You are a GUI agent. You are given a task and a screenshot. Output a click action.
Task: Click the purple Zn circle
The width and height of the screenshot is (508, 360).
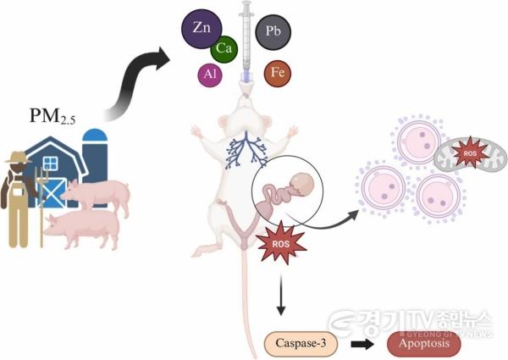click(x=202, y=29)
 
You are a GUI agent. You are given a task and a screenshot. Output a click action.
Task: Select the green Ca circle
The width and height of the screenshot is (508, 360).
click(x=224, y=49)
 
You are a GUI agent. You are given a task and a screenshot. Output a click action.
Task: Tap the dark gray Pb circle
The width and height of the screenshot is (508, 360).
click(x=273, y=31)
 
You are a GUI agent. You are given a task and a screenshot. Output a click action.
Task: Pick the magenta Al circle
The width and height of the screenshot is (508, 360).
click(x=210, y=75)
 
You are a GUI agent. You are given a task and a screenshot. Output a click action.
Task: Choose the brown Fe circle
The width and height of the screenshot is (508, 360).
click(x=278, y=73)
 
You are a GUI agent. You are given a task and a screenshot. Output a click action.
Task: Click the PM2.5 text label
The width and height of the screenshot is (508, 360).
click(x=52, y=116)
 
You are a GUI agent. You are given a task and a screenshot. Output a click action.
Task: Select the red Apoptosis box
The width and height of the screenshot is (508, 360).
click(x=424, y=344)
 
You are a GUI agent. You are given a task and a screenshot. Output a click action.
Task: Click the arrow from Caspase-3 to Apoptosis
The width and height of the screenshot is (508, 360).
click(x=362, y=344)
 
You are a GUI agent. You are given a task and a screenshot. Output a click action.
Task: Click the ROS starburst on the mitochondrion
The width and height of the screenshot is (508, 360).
click(x=469, y=153)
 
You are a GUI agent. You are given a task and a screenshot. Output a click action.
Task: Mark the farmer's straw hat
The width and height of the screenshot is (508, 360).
click(x=18, y=158)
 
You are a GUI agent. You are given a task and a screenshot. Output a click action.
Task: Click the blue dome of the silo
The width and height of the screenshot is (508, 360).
click(x=95, y=136)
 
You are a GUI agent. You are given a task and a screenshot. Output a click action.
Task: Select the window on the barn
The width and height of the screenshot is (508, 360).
click(x=50, y=163)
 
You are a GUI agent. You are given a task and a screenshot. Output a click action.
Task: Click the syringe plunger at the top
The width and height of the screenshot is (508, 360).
click(x=246, y=8)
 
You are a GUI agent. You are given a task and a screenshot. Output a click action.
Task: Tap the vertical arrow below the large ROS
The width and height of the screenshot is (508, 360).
click(x=281, y=295)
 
